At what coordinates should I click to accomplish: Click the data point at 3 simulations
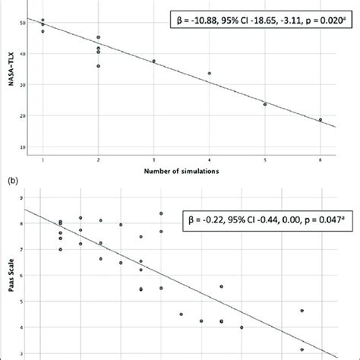point(153,62)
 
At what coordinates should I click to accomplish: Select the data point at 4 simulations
point(209,74)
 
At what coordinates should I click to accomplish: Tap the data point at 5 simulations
point(265,104)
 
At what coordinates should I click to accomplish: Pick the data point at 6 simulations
point(320,119)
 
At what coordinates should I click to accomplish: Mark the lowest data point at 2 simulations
point(98,66)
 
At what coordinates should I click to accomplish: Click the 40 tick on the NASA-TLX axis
point(21,53)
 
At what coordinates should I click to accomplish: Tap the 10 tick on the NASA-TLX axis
point(21,147)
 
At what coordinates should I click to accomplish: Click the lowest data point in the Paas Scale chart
point(302,349)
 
